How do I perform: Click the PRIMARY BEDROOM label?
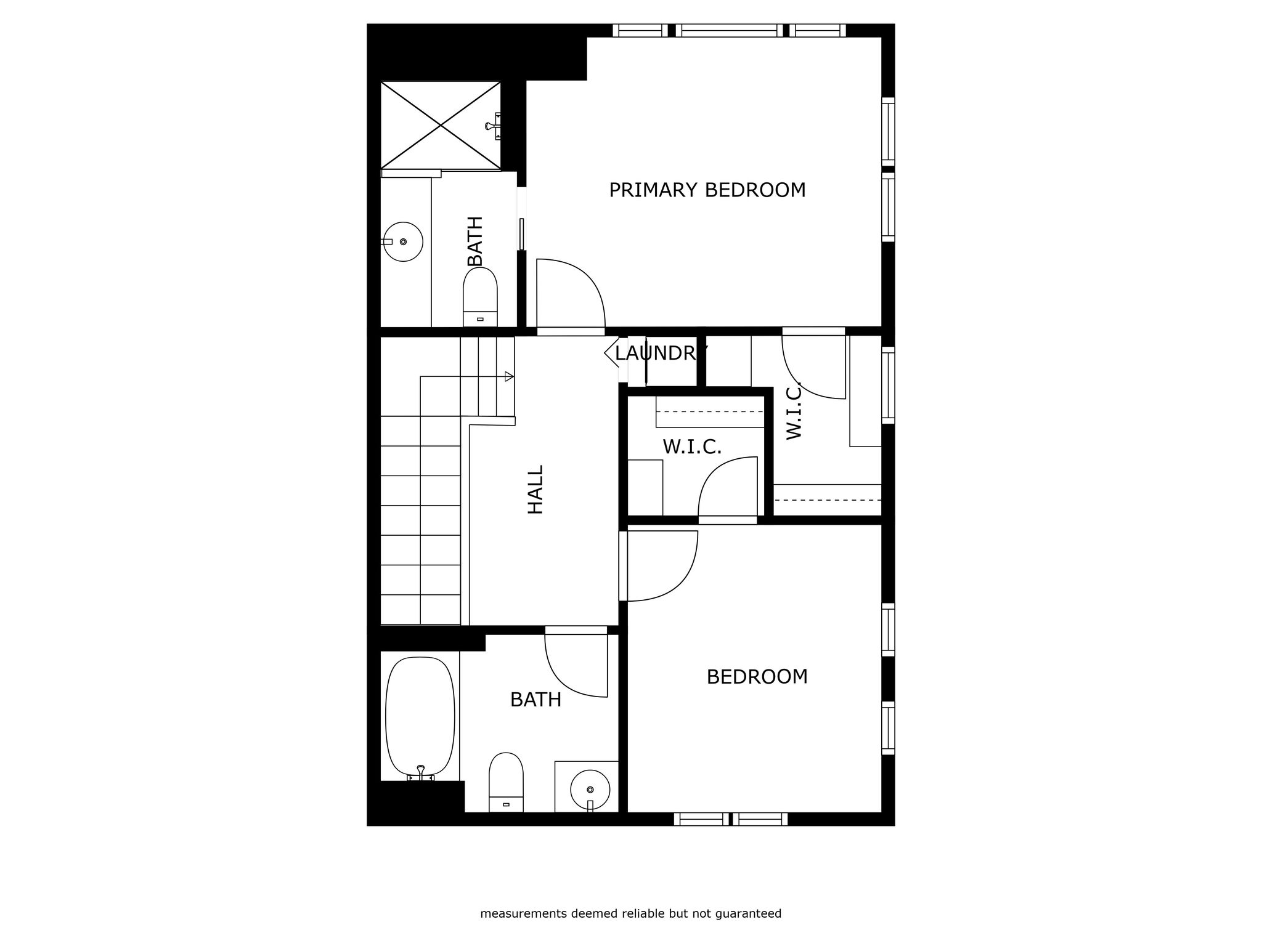coord(707,190)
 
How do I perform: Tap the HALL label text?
coord(535,490)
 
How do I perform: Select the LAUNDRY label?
coord(661,353)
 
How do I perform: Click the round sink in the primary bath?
coord(403,241)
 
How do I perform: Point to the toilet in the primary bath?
coord(480,297)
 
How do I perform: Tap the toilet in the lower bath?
coord(506,782)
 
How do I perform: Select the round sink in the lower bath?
coord(590,789)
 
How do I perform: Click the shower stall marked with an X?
coord(441,125)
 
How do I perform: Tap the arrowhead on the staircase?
coord(509,376)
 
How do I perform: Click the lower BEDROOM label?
coord(757,677)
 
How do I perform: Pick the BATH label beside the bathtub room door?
coord(535,700)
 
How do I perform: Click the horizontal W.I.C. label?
coord(692,447)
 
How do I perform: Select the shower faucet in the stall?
coord(493,126)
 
